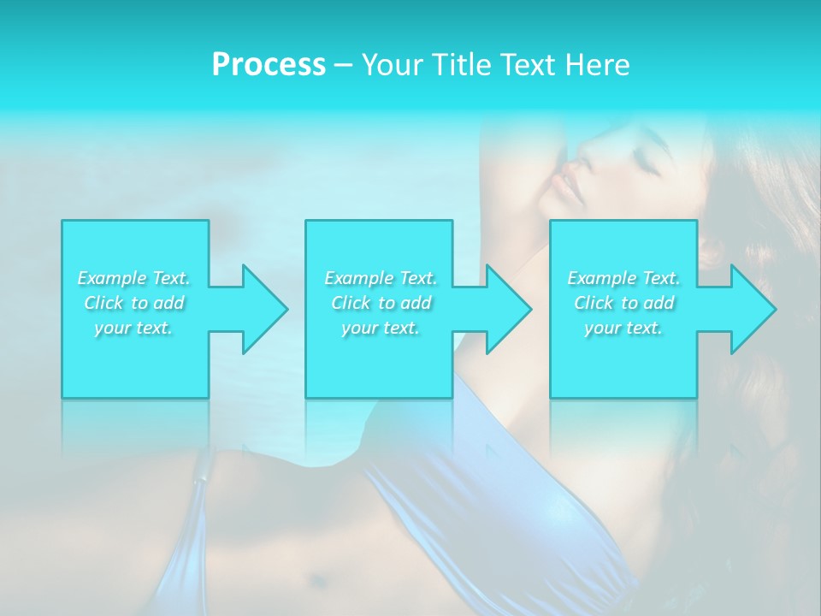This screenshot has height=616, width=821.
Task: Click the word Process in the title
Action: pos(269,65)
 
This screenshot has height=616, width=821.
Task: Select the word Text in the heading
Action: pos(529,65)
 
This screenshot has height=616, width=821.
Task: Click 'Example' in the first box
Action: pos(112,278)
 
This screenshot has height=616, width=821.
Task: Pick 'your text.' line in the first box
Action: pos(134,328)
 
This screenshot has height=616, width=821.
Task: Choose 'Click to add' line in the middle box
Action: pos(381,303)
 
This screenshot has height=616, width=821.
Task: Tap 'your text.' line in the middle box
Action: pos(381,328)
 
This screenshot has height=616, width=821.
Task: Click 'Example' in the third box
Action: pos(602,278)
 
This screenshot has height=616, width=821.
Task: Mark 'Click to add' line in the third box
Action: pos(623,303)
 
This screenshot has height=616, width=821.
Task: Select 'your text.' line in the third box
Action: pos(623,328)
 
